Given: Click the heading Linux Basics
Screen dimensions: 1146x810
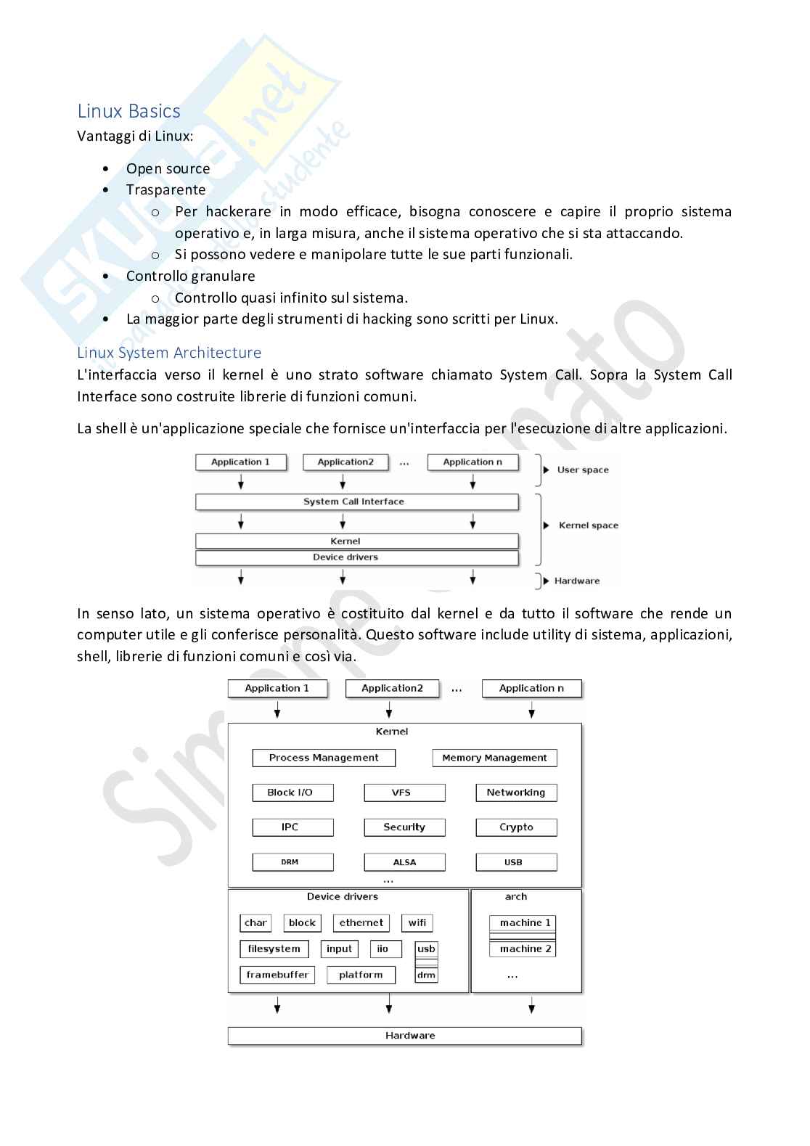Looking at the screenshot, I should point(128,111).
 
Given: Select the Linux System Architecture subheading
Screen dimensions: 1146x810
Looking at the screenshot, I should point(169,353).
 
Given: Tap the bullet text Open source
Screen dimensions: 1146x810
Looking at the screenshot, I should point(168,168).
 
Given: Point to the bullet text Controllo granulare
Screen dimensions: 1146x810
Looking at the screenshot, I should point(190,276).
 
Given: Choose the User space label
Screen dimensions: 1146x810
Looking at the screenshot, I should point(582,470).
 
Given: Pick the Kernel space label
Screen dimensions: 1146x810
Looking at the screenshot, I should point(588,525).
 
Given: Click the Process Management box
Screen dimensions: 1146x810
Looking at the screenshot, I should point(324,758).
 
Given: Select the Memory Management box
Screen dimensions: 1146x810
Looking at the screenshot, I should point(494,758).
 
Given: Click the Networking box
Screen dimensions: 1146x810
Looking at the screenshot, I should point(516,793).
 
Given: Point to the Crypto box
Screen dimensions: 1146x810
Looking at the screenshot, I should point(516,827).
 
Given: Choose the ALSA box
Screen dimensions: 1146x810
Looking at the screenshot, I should point(404,862).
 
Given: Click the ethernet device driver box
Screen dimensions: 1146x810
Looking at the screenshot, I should point(361,923).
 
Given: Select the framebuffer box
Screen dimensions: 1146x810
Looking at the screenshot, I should point(277,975).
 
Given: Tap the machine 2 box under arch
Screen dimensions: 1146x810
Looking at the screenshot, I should point(523,949).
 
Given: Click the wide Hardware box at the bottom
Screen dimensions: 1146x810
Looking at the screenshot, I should point(404,1036).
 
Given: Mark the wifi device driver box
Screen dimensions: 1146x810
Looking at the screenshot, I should point(417,923).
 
